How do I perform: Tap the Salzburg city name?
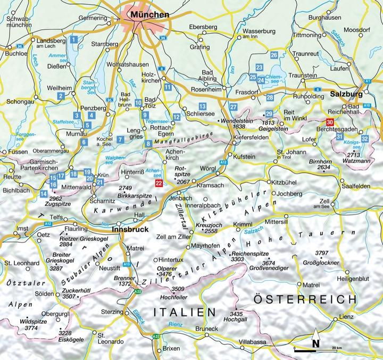347,94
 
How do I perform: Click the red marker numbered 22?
158,183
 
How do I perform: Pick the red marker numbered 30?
330,123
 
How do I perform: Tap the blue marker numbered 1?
75,38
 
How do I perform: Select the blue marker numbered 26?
273,55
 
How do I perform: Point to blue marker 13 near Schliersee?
202,107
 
